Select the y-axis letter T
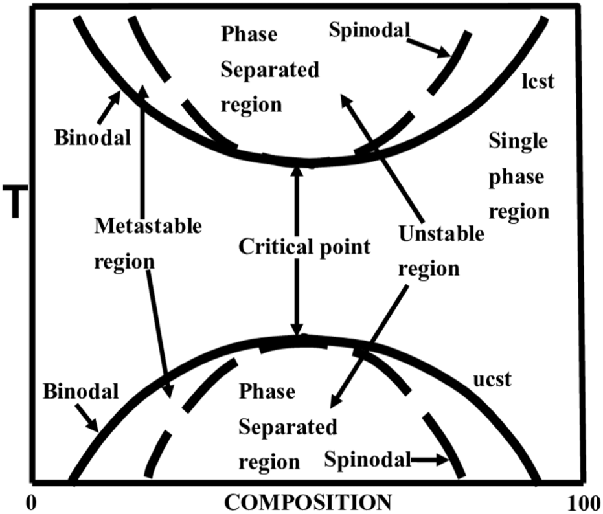(x=14, y=201)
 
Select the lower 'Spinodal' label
(x=368, y=460)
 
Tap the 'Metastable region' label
(x=147, y=244)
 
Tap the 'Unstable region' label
(x=440, y=251)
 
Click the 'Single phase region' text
(x=518, y=176)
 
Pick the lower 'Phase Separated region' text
(x=287, y=427)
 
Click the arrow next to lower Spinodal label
(x=431, y=460)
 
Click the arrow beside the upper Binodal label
(x=109, y=105)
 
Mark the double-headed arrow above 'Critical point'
(x=296, y=201)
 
